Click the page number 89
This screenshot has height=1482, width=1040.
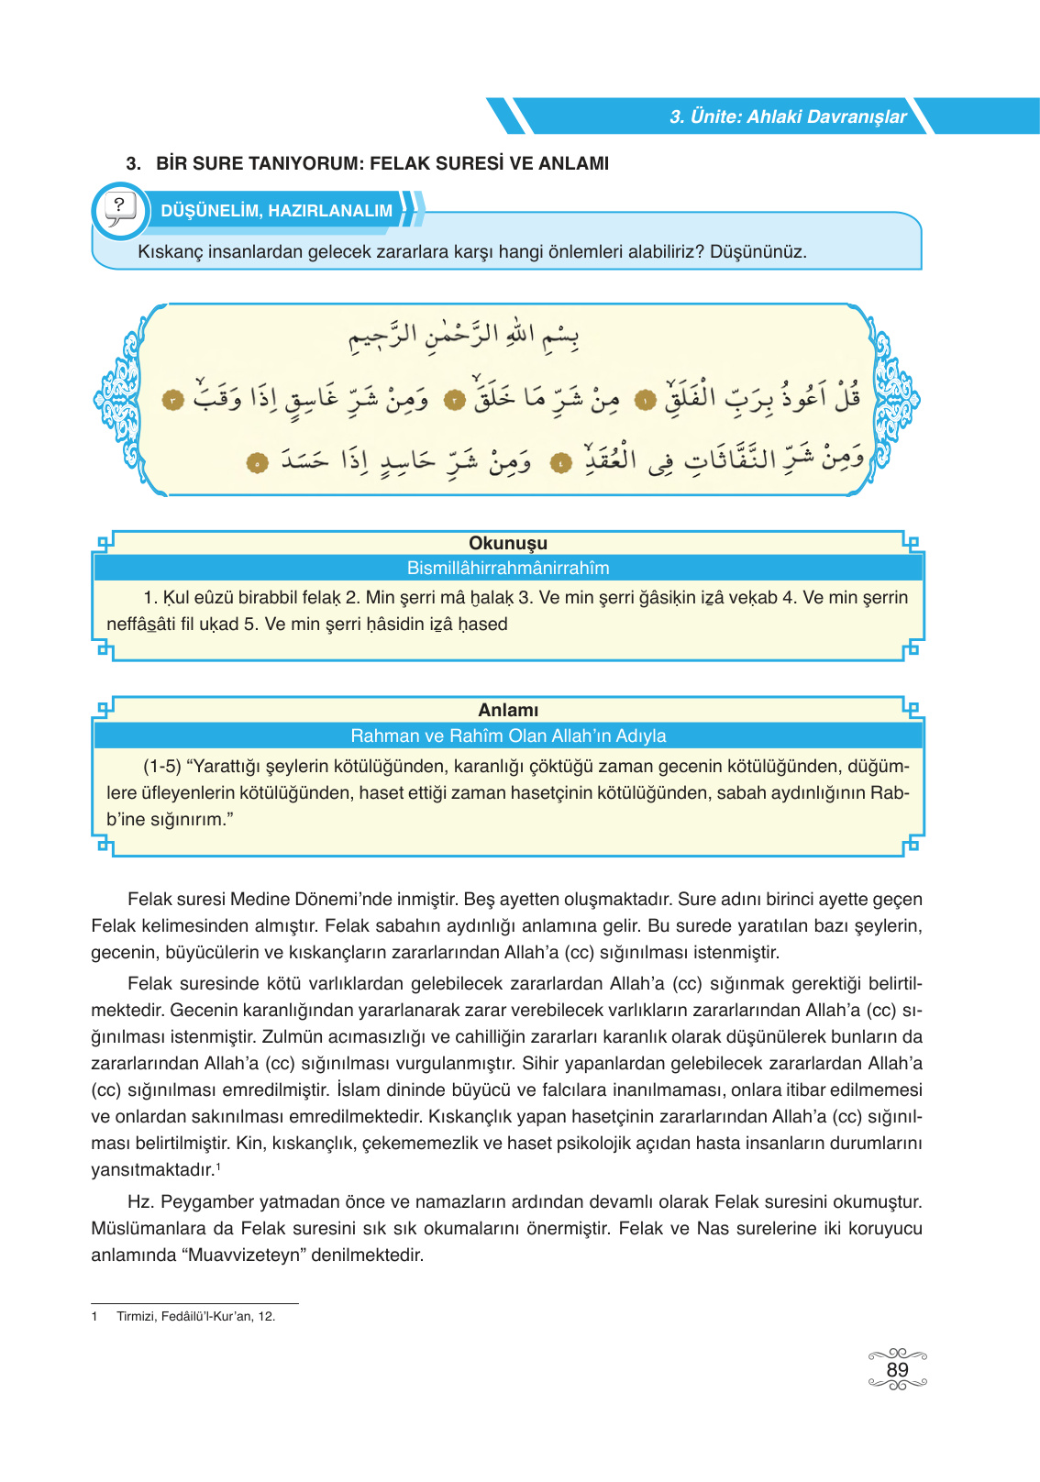tap(897, 1370)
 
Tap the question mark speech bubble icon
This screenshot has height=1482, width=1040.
tap(119, 210)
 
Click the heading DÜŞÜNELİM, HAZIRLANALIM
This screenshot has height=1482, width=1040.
tap(276, 211)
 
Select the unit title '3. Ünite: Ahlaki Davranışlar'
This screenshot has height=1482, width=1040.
tap(787, 116)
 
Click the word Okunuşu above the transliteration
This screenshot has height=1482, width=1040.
tap(508, 543)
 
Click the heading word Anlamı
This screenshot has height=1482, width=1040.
tap(508, 710)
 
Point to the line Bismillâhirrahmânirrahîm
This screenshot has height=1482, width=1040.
tap(508, 568)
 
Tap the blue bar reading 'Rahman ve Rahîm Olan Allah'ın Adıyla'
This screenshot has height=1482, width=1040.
tap(508, 735)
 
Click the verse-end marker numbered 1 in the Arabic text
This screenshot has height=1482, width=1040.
tap(646, 401)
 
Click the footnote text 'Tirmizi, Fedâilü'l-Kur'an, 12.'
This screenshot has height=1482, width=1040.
tap(195, 1316)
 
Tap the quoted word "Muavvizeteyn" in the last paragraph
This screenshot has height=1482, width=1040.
tap(245, 1255)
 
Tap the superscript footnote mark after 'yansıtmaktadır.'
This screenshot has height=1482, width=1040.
tap(217, 1166)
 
